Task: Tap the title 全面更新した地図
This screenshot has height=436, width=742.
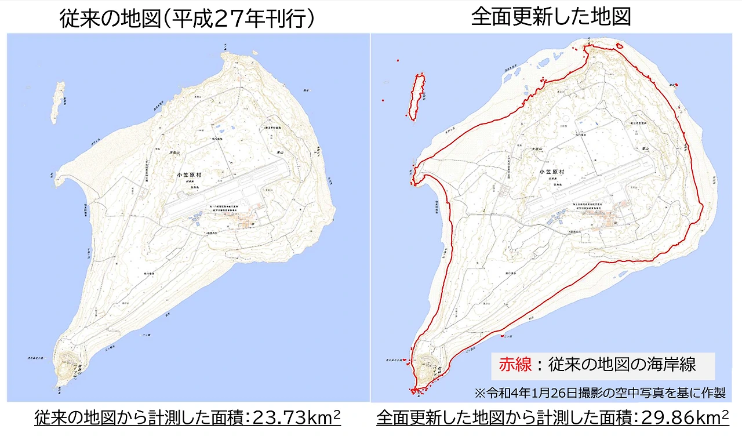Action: [550, 17]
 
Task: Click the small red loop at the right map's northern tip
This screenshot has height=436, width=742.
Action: [619, 46]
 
